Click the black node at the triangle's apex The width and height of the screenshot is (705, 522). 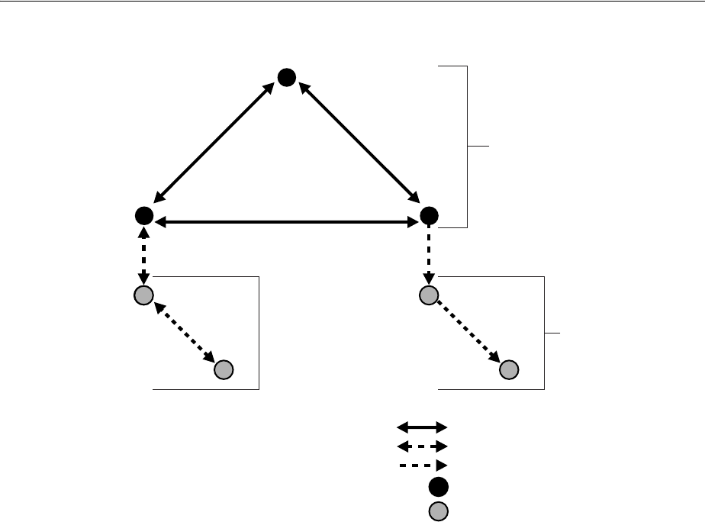click(286, 77)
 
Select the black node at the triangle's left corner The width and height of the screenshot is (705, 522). click(143, 217)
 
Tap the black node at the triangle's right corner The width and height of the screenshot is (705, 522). click(428, 217)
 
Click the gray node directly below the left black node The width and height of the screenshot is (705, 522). click(143, 295)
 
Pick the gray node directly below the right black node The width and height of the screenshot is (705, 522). click(429, 295)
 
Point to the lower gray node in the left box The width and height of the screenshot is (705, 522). click(223, 370)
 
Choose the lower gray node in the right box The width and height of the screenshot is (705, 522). click(509, 370)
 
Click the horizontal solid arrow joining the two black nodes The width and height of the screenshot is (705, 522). click(286, 221)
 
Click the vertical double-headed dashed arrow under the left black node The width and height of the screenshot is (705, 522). click(143, 256)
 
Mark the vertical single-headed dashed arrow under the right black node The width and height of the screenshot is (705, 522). click(429, 256)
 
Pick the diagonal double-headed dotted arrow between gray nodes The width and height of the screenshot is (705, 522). click(183, 332)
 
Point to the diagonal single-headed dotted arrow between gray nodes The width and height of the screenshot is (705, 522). click(468, 332)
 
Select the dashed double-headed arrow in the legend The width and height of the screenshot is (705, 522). click(422, 446)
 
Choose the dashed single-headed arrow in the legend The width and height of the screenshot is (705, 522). click(422, 465)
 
